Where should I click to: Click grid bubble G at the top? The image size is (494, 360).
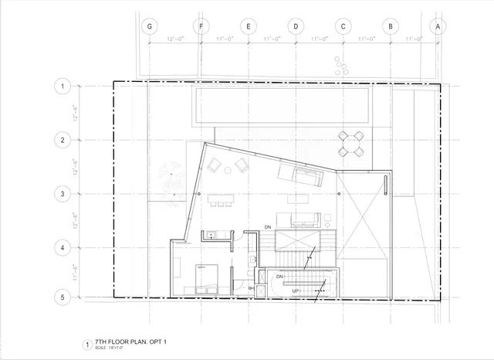150,25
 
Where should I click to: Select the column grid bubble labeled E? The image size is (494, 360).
248,25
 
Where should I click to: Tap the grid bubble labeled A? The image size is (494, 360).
439,25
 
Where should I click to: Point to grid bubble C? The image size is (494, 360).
343,25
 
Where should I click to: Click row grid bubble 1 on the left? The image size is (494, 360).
63,87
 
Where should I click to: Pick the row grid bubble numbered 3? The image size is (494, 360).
63,193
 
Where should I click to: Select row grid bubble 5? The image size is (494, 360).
63,296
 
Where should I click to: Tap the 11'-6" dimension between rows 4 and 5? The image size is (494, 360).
76,272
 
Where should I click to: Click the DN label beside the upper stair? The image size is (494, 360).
267,226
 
